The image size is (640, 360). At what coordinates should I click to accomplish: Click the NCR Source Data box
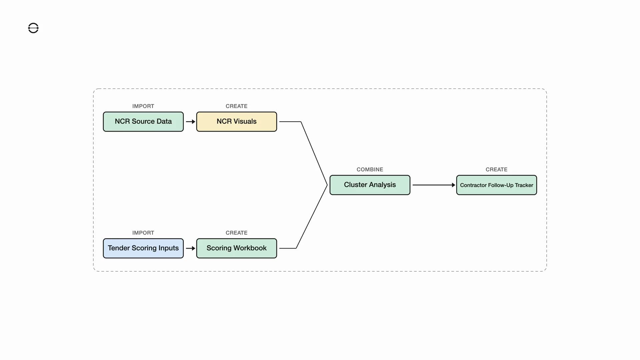point(143,122)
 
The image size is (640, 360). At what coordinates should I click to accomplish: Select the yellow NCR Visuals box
point(237,122)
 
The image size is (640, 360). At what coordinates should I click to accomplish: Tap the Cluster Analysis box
point(370,185)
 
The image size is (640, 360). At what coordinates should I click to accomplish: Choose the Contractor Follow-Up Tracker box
point(497,185)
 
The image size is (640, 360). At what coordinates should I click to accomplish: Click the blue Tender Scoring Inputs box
point(143,248)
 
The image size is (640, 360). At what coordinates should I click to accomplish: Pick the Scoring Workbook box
point(237,248)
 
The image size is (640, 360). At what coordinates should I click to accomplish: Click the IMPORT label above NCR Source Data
point(143,106)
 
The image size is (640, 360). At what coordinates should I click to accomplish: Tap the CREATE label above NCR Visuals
point(237,106)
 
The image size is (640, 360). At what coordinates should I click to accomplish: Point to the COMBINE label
point(370,169)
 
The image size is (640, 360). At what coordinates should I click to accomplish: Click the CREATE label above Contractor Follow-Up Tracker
point(497,169)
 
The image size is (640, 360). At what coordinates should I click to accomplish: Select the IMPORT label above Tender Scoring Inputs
point(143,233)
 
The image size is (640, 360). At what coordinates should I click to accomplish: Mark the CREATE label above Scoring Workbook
point(237,233)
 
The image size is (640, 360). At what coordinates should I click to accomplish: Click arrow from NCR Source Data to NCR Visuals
point(190,122)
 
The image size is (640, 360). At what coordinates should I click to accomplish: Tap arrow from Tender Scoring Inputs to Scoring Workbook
point(190,248)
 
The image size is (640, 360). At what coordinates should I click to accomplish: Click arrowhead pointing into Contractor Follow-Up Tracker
point(453,185)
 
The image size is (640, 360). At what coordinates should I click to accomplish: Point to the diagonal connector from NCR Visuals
point(314,153)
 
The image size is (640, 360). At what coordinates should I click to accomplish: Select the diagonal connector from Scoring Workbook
point(312,217)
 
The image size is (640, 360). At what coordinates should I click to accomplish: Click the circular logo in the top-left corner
point(33,28)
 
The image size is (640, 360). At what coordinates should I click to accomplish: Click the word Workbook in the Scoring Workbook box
point(250,248)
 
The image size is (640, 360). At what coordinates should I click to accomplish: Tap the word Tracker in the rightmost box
point(524,185)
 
